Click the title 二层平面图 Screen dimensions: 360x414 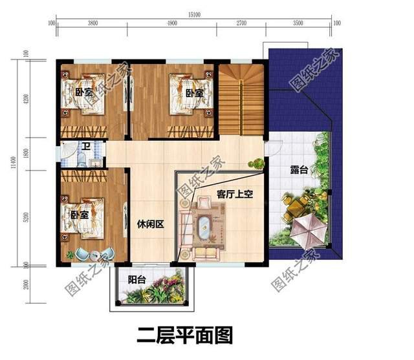tap(184, 335)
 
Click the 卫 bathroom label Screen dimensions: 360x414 tap(85, 147)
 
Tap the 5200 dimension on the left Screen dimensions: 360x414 tap(25, 217)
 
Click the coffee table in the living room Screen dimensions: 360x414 tap(206, 228)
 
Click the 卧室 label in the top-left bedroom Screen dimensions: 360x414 tap(83, 92)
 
